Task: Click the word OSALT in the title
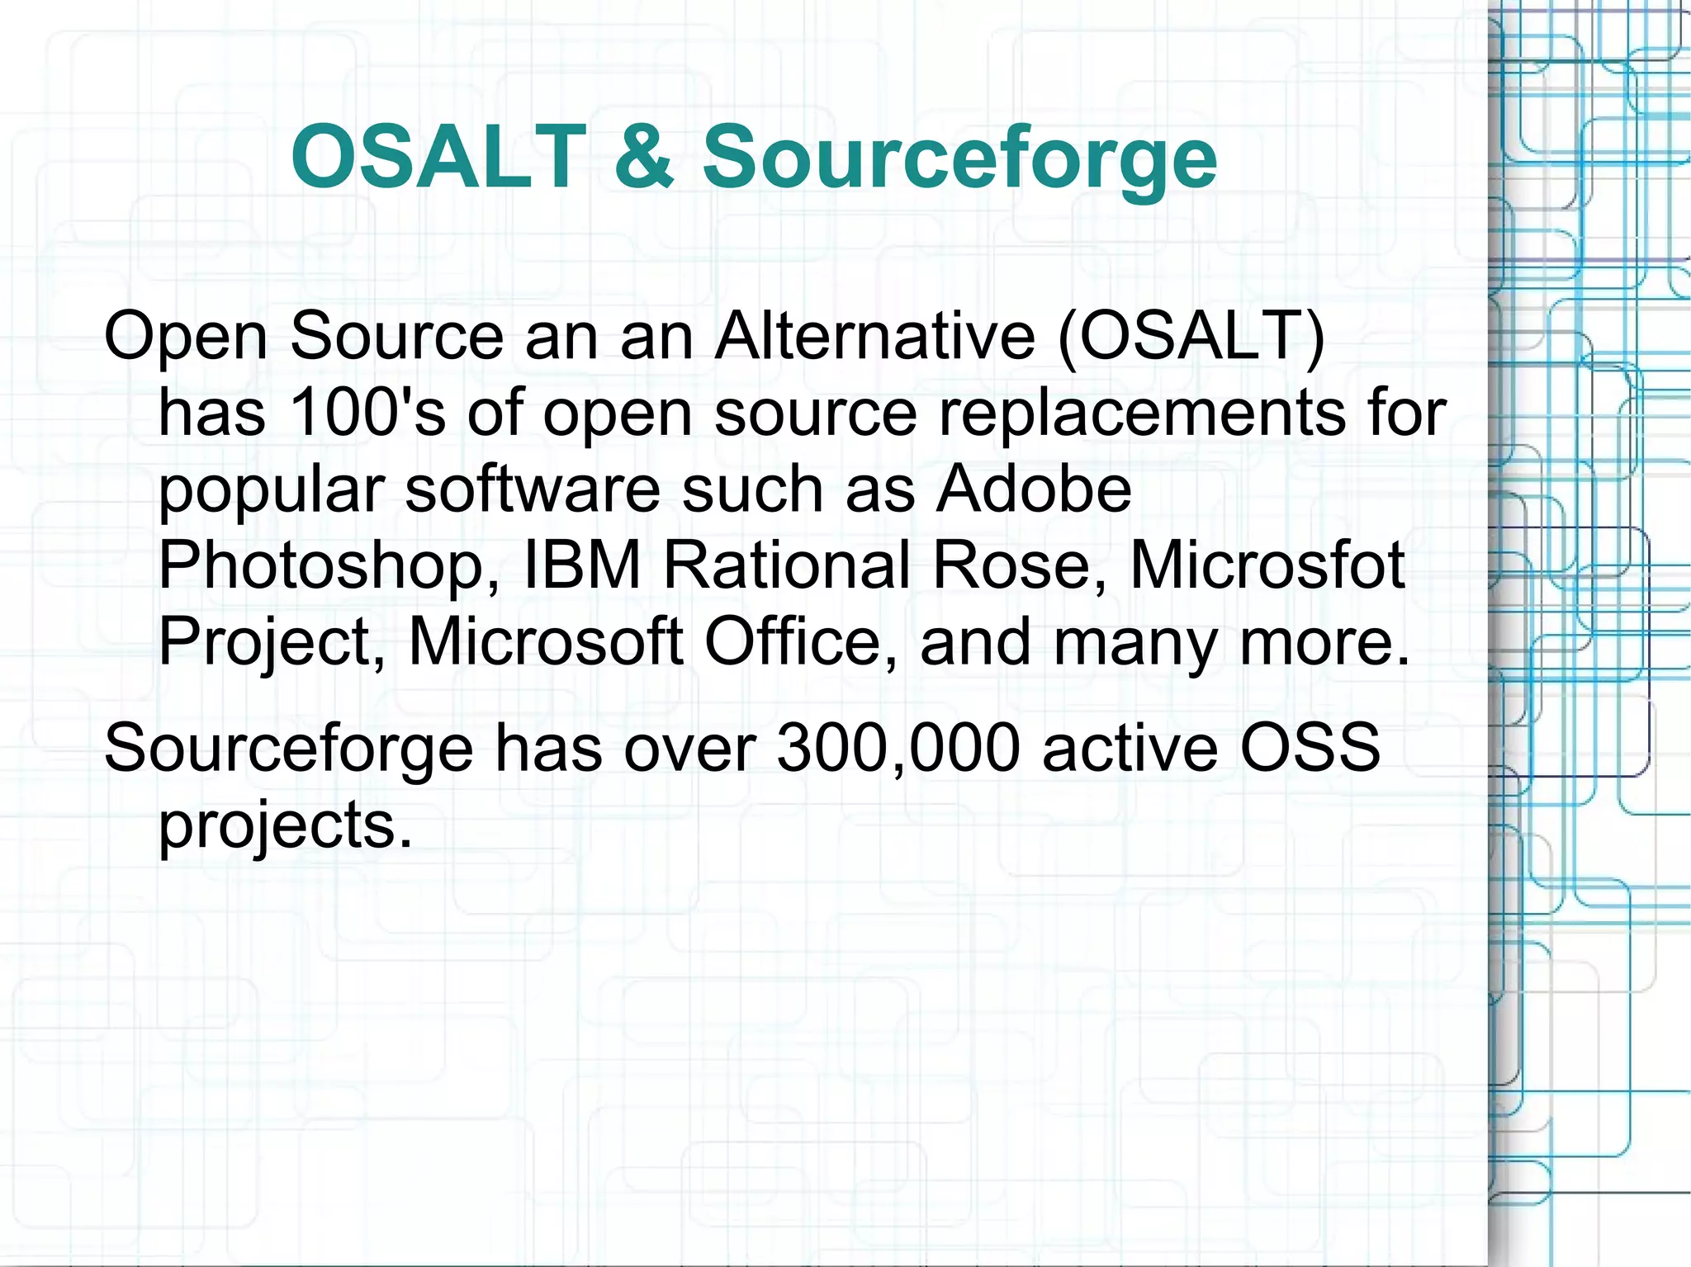(438, 157)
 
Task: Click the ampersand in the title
(644, 157)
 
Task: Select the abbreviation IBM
(583, 565)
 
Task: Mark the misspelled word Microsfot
(1267, 565)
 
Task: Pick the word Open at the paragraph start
(186, 338)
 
